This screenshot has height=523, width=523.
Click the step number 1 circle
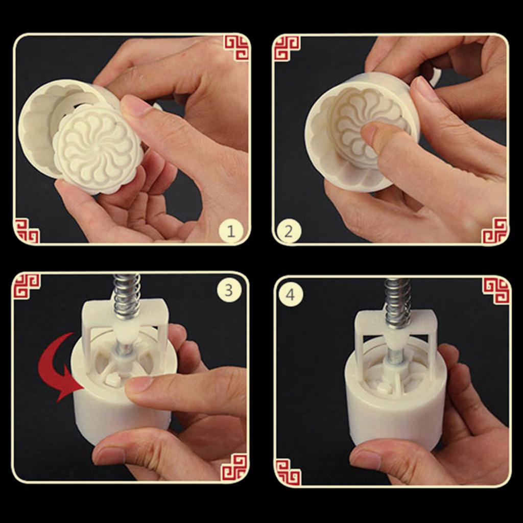click(x=231, y=232)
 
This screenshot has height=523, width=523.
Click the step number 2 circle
click(x=289, y=232)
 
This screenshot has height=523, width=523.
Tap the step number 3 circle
click(x=228, y=290)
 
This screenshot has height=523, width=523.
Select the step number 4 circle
click(x=291, y=294)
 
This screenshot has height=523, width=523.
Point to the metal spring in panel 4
click(x=397, y=301)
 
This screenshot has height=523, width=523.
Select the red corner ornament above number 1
click(x=236, y=47)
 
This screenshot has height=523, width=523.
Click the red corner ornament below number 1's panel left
click(x=27, y=230)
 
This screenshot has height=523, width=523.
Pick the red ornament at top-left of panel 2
click(x=287, y=47)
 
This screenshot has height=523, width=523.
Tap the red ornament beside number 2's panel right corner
click(x=494, y=230)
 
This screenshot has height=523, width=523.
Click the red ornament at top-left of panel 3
click(x=27, y=286)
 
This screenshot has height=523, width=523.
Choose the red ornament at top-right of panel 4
click(x=496, y=290)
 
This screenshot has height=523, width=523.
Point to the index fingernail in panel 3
click(x=137, y=384)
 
